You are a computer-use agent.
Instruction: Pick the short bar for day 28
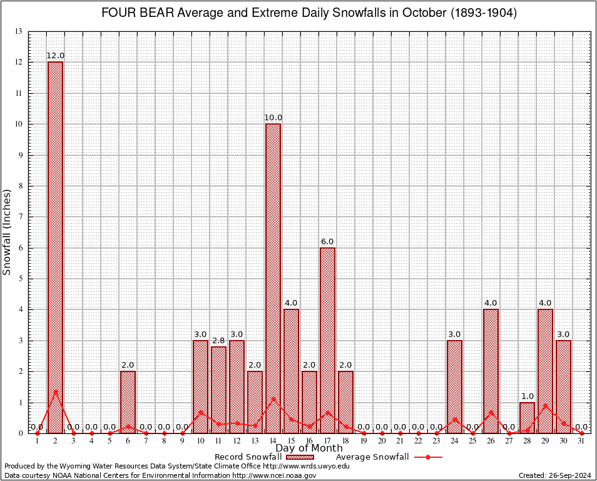[x=527, y=417]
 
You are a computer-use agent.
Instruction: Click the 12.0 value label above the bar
[x=55, y=56]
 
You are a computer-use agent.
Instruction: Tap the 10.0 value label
[x=273, y=118]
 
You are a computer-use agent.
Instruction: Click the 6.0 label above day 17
[x=327, y=242]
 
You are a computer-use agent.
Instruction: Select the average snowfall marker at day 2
[x=55, y=392]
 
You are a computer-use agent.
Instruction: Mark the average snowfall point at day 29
[x=545, y=405]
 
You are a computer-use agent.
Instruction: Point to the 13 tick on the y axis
[x=19, y=31]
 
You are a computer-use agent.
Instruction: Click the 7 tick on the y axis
[x=21, y=217]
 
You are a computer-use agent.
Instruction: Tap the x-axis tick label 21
[x=400, y=441]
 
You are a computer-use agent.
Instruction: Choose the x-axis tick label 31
[x=581, y=441]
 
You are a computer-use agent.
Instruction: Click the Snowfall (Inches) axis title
[x=8, y=232]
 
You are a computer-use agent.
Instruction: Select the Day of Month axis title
[x=309, y=448]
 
